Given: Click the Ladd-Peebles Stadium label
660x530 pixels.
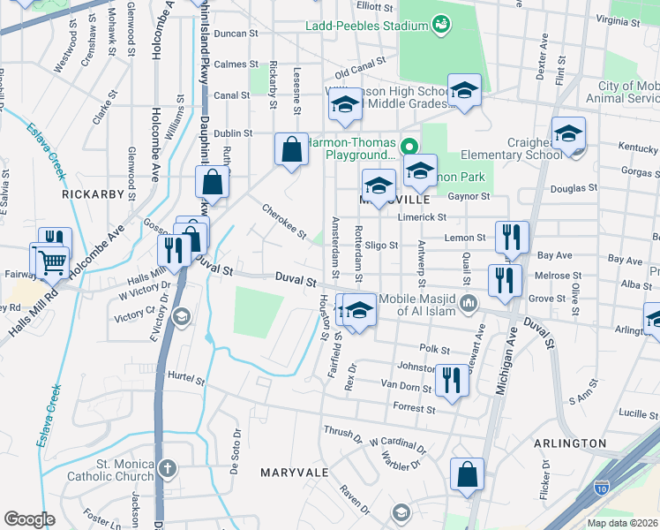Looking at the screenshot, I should pyautogui.click(x=366, y=26).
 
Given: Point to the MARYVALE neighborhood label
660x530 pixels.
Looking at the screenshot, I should pyautogui.click(x=295, y=473).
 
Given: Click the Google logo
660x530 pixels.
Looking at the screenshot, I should pyautogui.click(x=29, y=519).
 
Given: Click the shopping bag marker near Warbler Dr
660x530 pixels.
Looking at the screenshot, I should pyautogui.click(x=467, y=473).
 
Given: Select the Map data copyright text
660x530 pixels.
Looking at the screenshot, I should pyautogui.click(x=621, y=523).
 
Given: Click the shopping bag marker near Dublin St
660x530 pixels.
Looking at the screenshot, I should pyautogui.click(x=291, y=149).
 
